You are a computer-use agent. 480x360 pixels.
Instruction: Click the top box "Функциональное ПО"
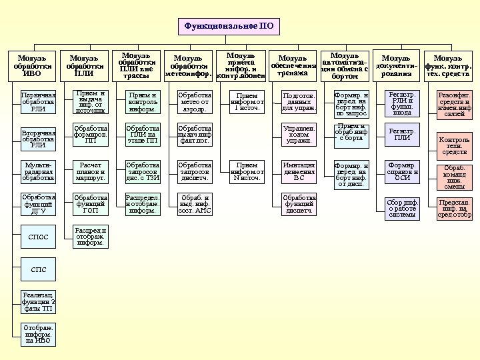[229, 26]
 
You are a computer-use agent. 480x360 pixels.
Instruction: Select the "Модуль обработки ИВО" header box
[31, 66]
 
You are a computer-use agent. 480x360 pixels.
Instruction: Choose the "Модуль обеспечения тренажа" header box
[293, 66]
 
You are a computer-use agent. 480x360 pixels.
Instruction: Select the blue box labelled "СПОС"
[38, 237]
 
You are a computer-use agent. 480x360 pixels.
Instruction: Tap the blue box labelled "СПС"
[38, 269]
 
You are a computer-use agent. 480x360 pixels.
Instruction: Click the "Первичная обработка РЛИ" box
[38, 102]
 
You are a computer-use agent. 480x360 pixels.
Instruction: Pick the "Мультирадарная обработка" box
[38, 171]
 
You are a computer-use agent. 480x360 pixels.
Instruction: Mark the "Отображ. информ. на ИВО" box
[38, 334]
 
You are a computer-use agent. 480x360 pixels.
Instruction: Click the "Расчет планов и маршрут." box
[91, 171]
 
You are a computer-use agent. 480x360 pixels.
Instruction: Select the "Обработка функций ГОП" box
[91, 203]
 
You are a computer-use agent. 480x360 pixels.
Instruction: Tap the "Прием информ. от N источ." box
[247, 171]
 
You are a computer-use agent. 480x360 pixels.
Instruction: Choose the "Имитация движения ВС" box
[299, 171]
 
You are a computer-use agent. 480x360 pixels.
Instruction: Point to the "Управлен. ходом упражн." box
[299, 134]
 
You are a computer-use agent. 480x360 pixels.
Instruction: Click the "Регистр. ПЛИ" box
[402, 134]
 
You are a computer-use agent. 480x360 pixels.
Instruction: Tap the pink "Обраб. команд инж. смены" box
[454, 177]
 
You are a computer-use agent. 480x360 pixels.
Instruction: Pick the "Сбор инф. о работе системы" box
[402, 208]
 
